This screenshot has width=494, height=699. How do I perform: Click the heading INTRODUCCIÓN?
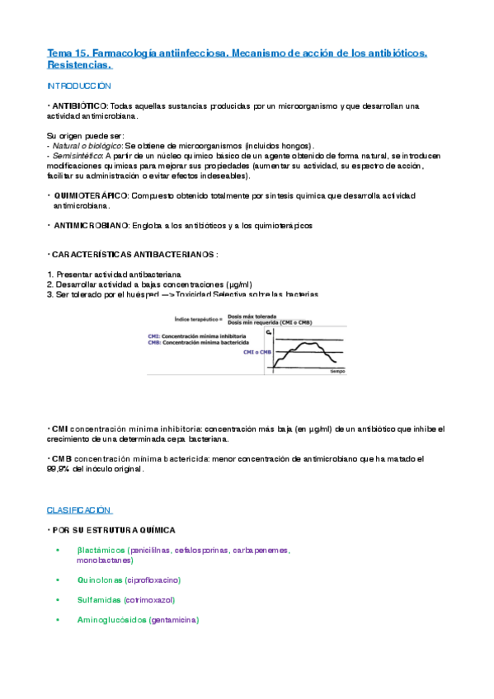pos(79,86)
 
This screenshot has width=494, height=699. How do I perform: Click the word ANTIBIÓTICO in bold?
pos(78,106)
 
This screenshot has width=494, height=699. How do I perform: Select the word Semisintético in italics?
pos(76,155)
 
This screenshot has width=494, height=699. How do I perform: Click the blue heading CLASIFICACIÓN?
pos(79,510)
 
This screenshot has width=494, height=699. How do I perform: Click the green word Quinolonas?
pos(99,579)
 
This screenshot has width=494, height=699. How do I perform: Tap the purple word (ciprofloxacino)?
pos(153,579)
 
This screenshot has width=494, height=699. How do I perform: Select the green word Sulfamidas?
pos(98,600)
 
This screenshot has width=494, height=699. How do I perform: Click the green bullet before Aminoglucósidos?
pos(58,620)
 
